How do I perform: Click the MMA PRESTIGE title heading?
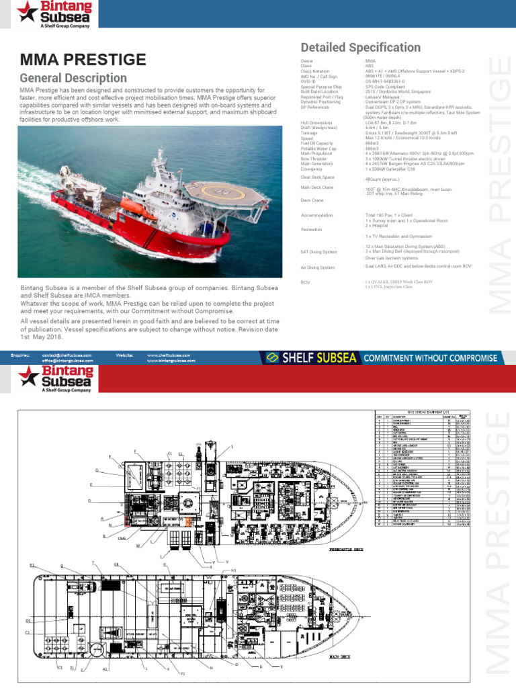(x=83, y=60)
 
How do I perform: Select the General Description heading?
(x=73, y=78)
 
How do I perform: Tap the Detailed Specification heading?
(x=360, y=47)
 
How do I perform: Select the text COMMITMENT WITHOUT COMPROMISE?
(x=430, y=358)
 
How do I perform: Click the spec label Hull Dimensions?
(x=316, y=124)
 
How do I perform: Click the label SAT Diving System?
(x=318, y=251)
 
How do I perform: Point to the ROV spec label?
(x=305, y=282)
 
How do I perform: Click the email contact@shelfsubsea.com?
(x=67, y=354)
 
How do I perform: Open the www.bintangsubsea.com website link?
(x=171, y=361)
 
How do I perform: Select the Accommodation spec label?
(x=317, y=216)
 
